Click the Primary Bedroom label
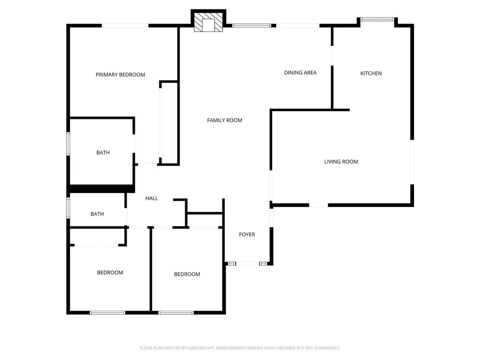coord(120,75)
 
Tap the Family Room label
coord(225,120)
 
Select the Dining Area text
coord(300,73)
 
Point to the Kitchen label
coord(371,73)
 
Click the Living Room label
coord(341,162)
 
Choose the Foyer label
coord(247,234)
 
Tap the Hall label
coord(151,198)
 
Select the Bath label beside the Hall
coord(97,214)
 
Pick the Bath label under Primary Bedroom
coord(103,152)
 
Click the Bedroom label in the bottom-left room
coord(110,273)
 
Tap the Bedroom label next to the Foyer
coord(187,274)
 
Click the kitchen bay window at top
coord(377,19)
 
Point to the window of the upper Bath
coord(68,144)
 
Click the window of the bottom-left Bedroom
coord(107,313)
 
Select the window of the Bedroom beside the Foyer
coord(176,313)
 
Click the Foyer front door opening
coord(247,264)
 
